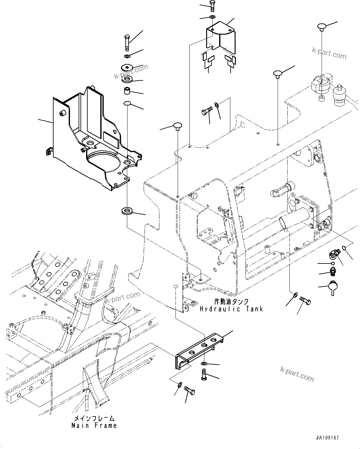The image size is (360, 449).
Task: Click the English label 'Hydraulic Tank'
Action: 231,309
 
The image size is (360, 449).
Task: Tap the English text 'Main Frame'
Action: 94,425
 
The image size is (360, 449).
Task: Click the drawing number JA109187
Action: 327,438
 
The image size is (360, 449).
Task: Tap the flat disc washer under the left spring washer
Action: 127,67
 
